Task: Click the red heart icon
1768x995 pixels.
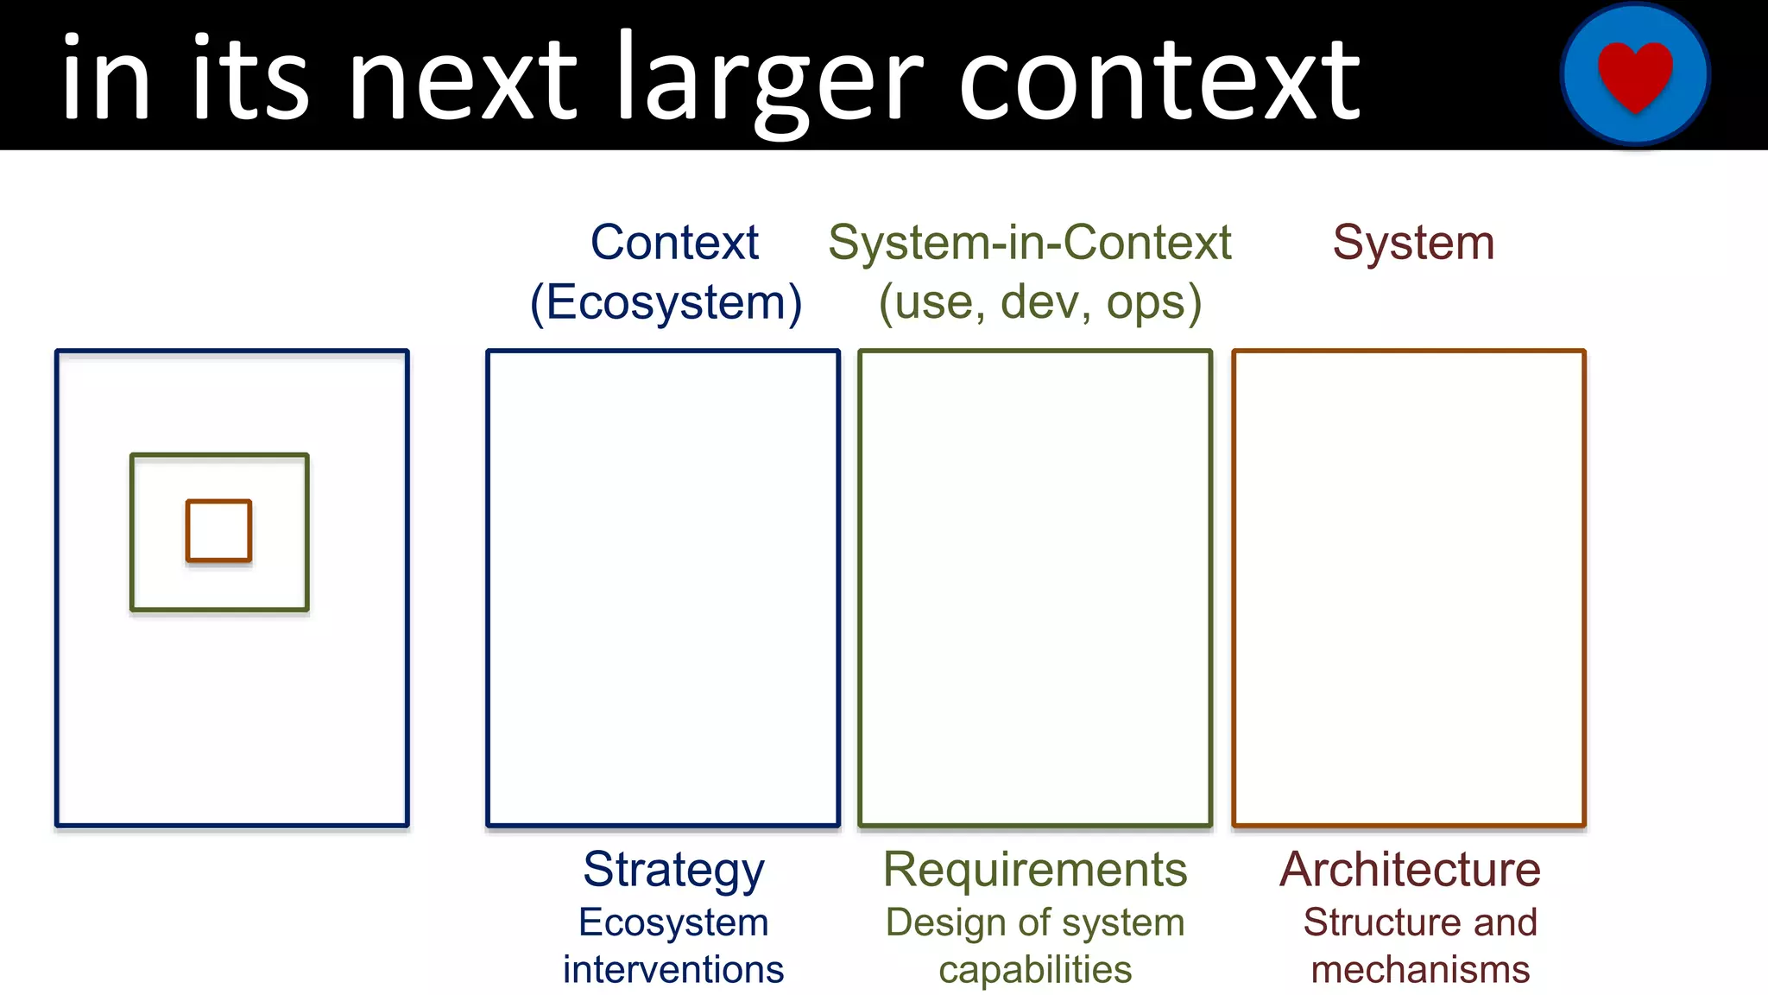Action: tap(1635, 75)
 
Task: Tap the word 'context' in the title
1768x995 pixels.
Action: tap(1159, 82)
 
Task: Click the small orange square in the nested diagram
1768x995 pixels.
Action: tap(219, 531)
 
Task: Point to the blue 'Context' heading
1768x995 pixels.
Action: tap(674, 243)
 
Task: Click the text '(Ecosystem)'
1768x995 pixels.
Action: tap(666, 302)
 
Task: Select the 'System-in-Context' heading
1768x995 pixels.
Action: tap(1029, 243)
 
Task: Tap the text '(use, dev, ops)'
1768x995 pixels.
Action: tap(1039, 302)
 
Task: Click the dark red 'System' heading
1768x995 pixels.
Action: tap(1413, 243)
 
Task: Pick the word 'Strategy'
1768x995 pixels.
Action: tap(673, 870)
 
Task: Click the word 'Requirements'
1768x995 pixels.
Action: tap(1035, 870)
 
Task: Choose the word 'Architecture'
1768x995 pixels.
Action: tap(1410, 870)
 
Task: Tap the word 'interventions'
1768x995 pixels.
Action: tap(673, 970)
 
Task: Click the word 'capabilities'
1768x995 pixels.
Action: tap(1035, 970)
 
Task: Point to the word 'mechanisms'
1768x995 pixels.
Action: tap(1420, 970)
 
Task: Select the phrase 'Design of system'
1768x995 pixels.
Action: tap(1035, 922)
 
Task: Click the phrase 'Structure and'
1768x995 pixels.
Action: tap(1420, 922)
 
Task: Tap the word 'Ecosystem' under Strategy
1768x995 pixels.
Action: tap(673, 922)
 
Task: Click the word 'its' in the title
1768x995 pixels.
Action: tap(249, 82)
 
